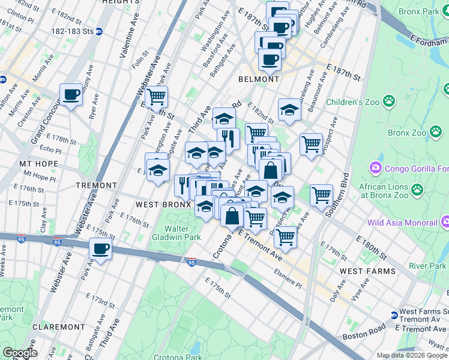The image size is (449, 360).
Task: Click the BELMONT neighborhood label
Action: pyautogui.click(x=259, y=79)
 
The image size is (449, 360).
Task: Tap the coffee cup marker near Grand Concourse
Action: pyautogui.click(x=71, y=95)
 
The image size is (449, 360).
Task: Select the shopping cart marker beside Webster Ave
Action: pyautogui.click(x=156, y=97)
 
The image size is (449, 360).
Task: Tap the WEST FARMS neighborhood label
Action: pyautogui.click(x=367, y=271)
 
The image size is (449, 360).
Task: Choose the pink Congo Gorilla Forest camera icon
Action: pyautogui.click(x=376, y=166)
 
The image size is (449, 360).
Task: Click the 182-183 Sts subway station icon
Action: pyautogui.click(x=99, y=31)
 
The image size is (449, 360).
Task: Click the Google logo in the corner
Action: pyautogui.click(x=20, y=352)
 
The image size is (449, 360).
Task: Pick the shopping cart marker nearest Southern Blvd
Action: pyautogui.click(x=321, y=194)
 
